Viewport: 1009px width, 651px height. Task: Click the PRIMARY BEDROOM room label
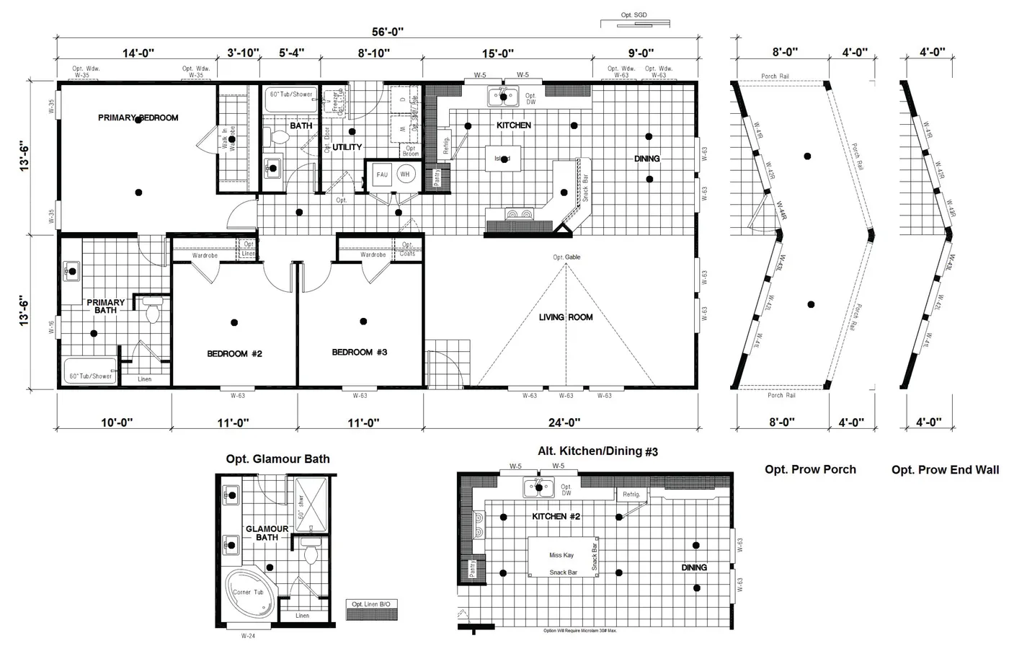tap(138, 118)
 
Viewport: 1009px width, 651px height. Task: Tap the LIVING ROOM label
tap(566, 317)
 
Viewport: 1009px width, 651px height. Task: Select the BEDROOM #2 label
tap(234, 353)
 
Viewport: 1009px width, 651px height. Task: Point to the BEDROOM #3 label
tap(360, 352)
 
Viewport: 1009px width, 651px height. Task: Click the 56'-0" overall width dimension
tap(387, 32)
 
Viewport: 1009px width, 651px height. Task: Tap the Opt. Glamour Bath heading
tap(277, 459)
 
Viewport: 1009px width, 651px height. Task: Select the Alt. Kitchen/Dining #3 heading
tap(597, 451)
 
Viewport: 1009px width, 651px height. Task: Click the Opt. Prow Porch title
tap(810, 469)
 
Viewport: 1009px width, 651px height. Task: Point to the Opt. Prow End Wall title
tap(945, 470)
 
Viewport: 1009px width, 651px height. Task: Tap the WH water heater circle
tap(405, 174)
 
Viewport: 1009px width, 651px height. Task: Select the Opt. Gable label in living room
tap(566, 257)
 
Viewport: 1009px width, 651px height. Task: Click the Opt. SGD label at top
tap(634, 15)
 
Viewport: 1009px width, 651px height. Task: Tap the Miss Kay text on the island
tap(561, 555)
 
